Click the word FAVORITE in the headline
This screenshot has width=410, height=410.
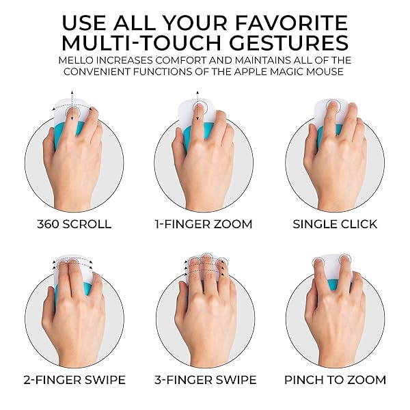(x=292, y=23)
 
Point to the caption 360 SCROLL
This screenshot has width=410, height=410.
(x=74, y=224)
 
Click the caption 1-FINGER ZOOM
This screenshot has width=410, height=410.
(x=204, y=224)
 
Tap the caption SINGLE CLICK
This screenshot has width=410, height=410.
(x=335, y=224)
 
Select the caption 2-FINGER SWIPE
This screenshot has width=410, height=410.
(x=74, y=380)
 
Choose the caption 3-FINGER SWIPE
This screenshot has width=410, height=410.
(x=206, y=380)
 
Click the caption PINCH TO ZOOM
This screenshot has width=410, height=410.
(x=336, y=380)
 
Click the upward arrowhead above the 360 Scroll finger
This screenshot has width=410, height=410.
(x=72, y=92)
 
